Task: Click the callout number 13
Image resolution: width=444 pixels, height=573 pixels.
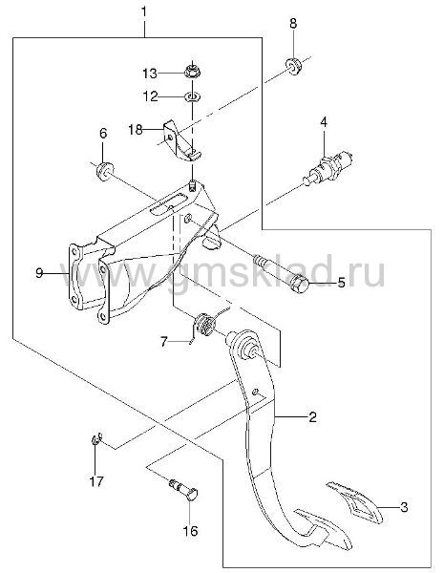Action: click(150, 74)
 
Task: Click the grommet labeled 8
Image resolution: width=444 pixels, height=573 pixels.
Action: click(293, 66)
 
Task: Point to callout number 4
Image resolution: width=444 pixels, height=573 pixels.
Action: click(324, 121)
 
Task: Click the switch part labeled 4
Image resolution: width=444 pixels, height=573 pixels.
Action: click(328, 167)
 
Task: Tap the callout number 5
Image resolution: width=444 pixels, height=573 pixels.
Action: click(341, 282)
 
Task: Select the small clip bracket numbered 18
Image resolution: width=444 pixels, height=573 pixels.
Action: click(180, 140)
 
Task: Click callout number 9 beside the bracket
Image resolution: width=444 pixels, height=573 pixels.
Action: click(39, 273)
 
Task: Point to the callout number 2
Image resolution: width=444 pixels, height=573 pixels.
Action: click(312, 416)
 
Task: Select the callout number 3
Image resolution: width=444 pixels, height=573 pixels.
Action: click(404, 507)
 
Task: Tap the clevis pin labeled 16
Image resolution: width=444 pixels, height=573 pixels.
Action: click(184, 489)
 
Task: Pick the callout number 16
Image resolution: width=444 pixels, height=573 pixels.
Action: click(190, 531)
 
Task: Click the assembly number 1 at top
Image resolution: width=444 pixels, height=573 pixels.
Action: click(144, 12)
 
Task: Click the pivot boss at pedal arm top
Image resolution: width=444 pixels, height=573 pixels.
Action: click(245, 346)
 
